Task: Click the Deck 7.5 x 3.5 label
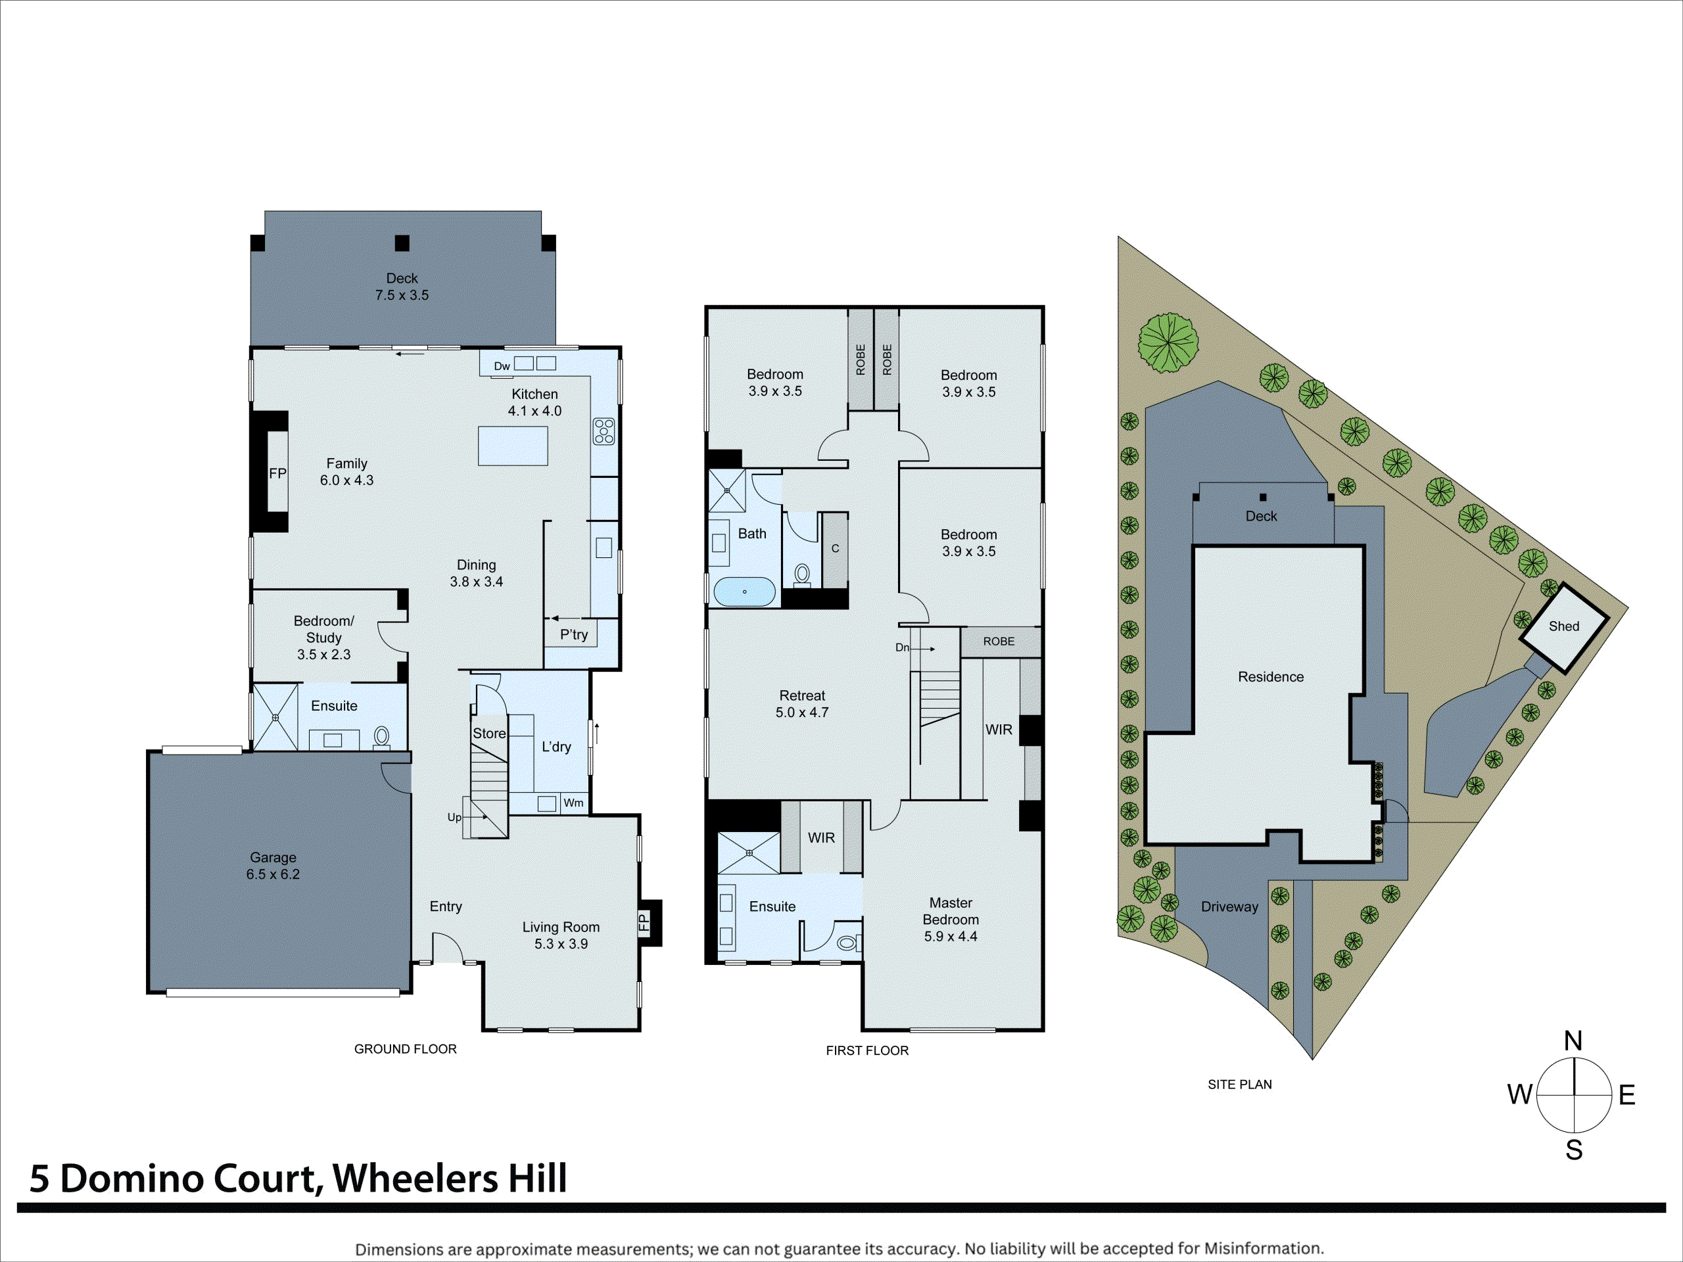(402, 287)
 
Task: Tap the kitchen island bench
(513, 446)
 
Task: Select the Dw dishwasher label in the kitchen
(502, 367)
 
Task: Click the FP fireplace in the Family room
(277, 473)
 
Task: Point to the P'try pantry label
(574, 634)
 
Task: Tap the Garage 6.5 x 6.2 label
(272, 866)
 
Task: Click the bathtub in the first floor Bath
(744, 591)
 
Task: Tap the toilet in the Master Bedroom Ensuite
(846, 943)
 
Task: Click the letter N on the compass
(1573, 1040)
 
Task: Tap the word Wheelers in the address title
(415, 1179)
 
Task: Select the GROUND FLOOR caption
(405, 1049)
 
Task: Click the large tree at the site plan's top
(1168, 343)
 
